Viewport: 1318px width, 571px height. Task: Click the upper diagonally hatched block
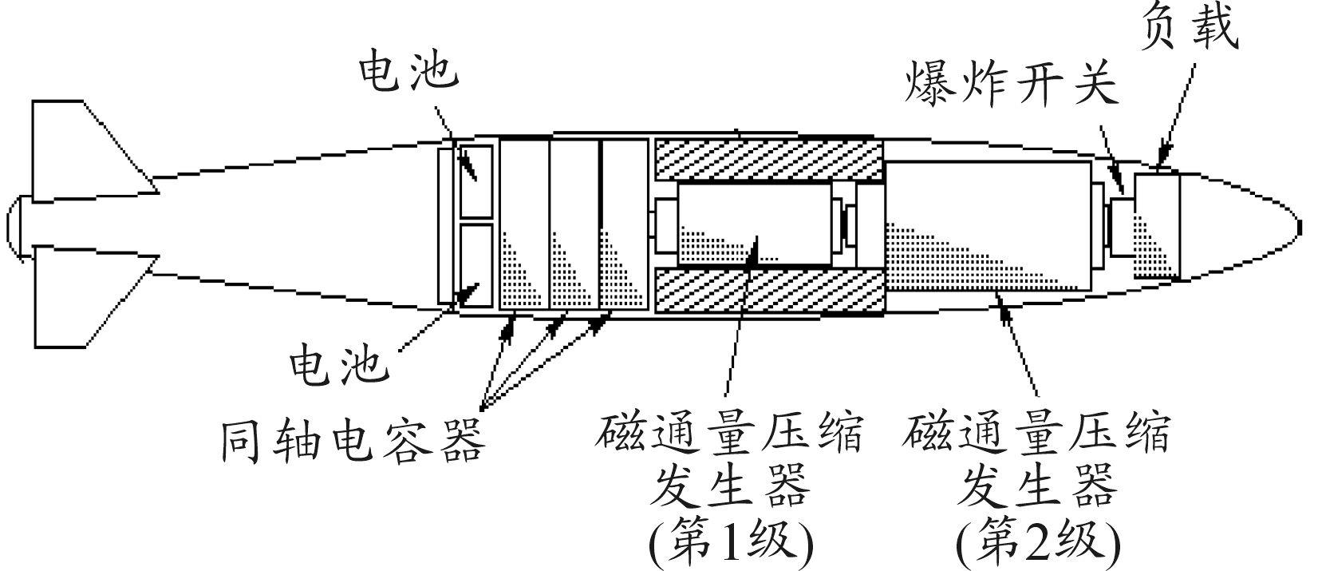(768, 159)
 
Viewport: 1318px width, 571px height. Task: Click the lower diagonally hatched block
(768, 291)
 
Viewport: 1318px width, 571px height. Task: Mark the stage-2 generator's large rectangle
(988, 226)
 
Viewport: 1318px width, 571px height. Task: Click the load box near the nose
(1156, 225)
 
